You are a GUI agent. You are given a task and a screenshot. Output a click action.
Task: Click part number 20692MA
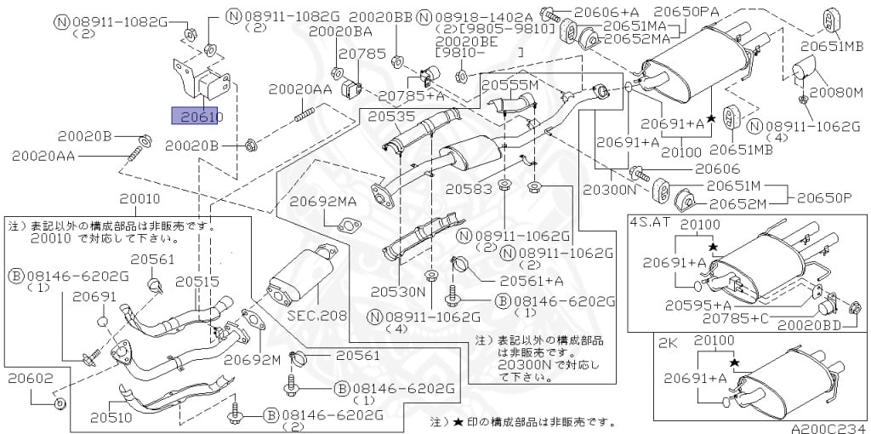322,202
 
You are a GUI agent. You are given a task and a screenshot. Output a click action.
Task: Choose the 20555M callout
510,86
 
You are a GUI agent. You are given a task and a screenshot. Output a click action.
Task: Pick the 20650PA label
686,12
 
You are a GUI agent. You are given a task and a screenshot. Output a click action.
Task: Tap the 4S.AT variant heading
650,222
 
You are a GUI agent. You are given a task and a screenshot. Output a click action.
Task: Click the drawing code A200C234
829,428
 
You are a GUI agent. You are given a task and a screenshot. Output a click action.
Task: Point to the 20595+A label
697,305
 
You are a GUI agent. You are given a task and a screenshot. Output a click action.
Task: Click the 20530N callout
397,291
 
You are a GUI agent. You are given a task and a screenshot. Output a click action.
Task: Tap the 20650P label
824,197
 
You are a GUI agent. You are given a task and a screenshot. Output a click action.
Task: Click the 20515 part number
197,282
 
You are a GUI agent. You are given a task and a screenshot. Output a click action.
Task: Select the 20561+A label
532,280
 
